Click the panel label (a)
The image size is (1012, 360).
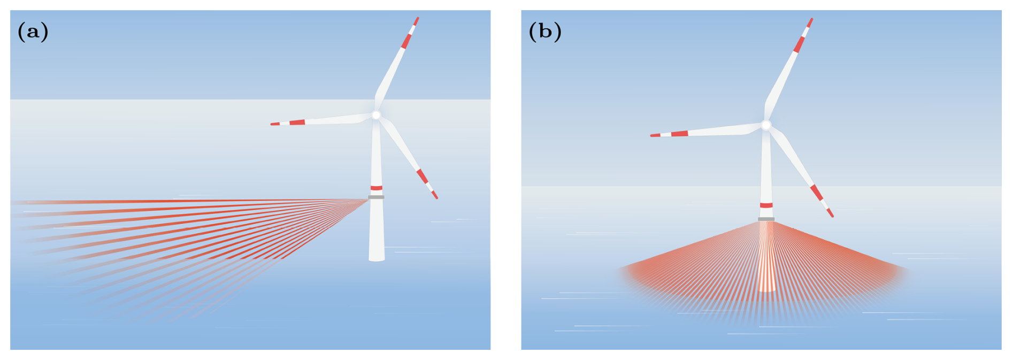tap(33, 32)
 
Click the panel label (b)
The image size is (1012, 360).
tap(545, 32)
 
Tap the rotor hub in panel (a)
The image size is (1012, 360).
tap(376, 115)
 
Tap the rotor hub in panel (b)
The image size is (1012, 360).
tap(766, 125)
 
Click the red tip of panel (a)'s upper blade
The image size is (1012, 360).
tap(416, 21)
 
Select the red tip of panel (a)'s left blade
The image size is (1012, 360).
tap(274, 124)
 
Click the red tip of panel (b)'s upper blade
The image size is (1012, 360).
tap(810, 22)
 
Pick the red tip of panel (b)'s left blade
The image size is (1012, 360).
tap(655, 135)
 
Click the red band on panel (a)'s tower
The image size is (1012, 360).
tap(377, 188)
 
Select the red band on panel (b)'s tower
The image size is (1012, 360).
tap(766, 205)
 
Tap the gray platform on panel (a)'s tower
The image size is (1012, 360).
tap(376, 197)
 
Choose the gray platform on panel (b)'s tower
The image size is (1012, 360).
tap(766, 219)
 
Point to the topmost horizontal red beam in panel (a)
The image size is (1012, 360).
tap(160, 201)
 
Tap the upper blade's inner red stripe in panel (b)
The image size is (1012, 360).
tap(799, 44)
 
